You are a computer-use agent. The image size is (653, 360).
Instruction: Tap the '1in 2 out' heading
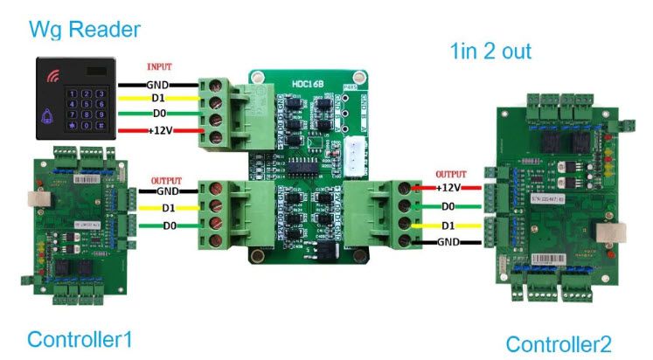pyautogui.click(x=490, y=51)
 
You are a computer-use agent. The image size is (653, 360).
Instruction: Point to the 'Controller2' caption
pyautogui.click(x=559, y=343)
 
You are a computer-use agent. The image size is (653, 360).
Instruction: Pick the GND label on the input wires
pyautogui.click(x=158, y=85)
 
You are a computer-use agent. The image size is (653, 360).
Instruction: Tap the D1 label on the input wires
pyautogui.click(x=158, y=99)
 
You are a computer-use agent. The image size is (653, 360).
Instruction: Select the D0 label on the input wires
pyautogui.click(x=158, y=114)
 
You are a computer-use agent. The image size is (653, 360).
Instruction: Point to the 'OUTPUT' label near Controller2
pyautogui.click(x=450, y=174)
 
